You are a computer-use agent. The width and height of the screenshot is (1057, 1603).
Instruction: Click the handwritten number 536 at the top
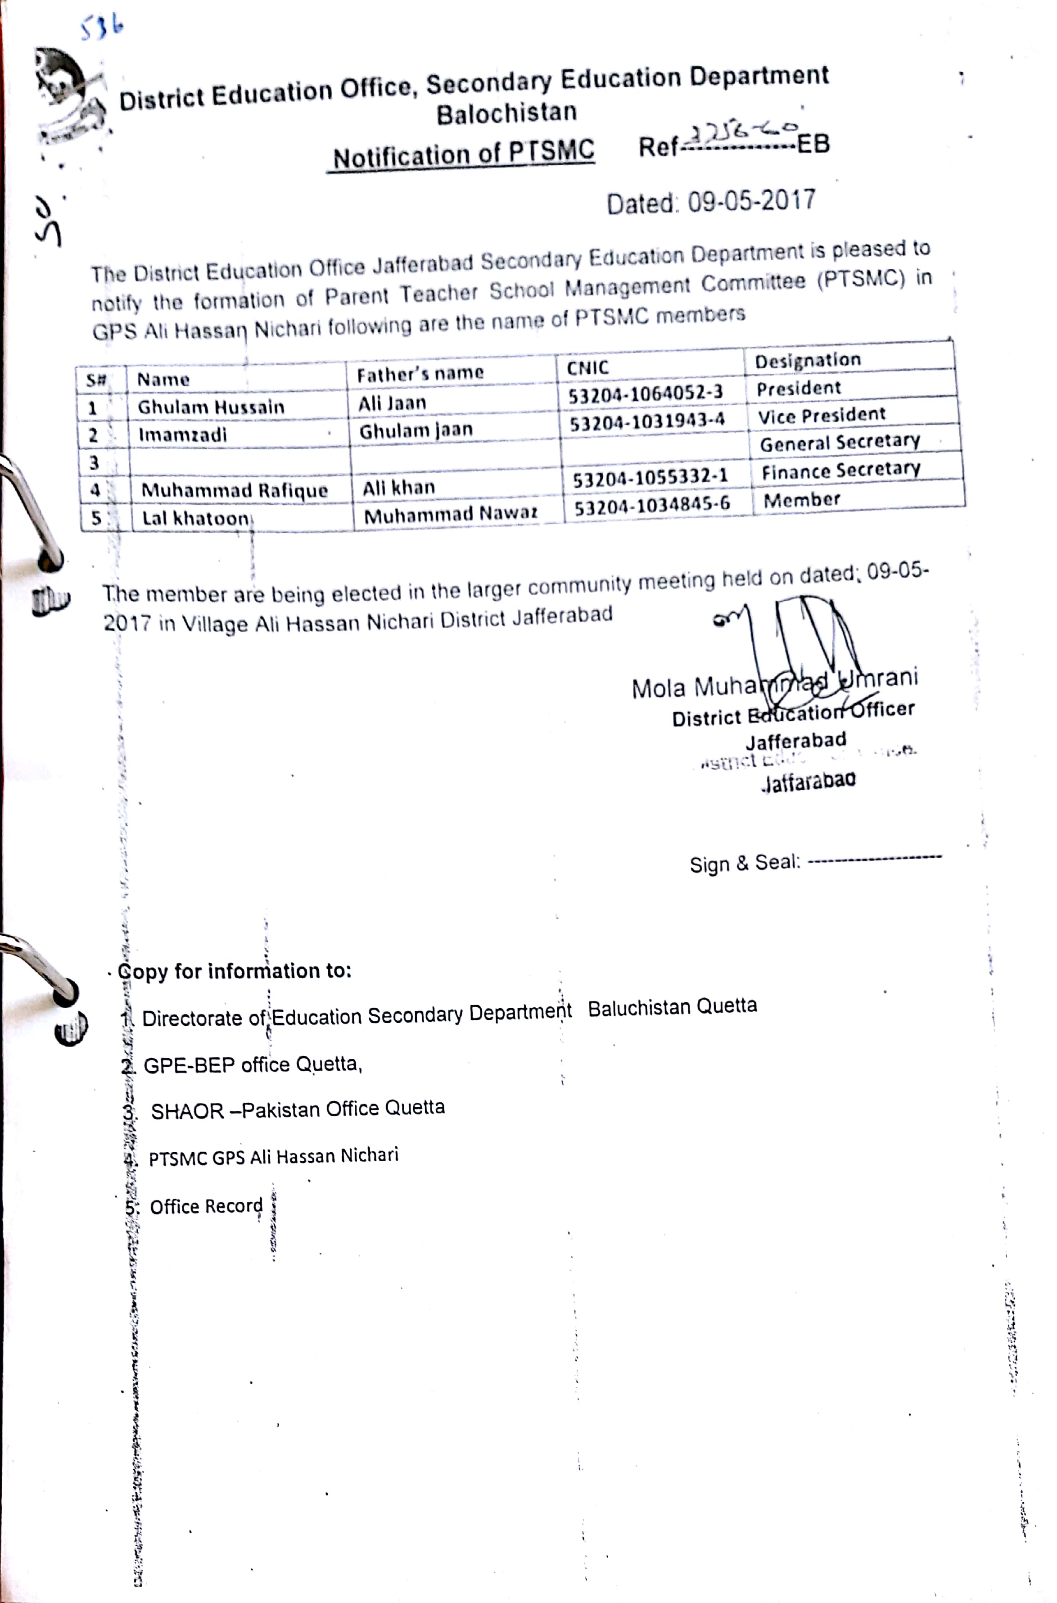click(101, 28)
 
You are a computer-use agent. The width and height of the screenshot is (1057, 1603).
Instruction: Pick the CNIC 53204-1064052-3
click(645, 393)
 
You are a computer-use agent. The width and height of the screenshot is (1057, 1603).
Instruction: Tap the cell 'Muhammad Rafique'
click(234, 490)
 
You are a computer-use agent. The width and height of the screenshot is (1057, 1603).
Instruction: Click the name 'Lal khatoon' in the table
click(195, 518)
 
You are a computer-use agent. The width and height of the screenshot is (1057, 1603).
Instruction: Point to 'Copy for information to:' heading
click(234, 971)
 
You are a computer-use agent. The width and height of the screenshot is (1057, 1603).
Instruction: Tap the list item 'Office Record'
click(206, 1206)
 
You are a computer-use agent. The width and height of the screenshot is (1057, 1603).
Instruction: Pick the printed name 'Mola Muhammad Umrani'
click(774, 684)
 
